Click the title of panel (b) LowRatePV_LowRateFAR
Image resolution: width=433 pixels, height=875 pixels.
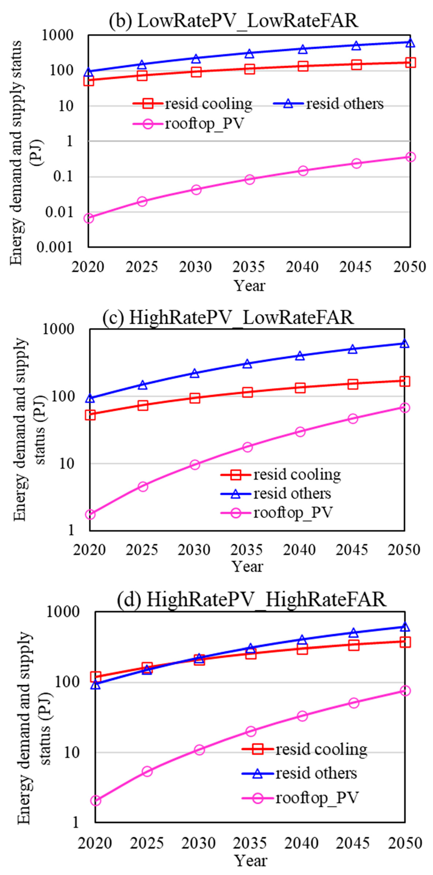(x=233, y=21)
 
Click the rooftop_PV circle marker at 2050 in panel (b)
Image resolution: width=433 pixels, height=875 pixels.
(x=410, y=157)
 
